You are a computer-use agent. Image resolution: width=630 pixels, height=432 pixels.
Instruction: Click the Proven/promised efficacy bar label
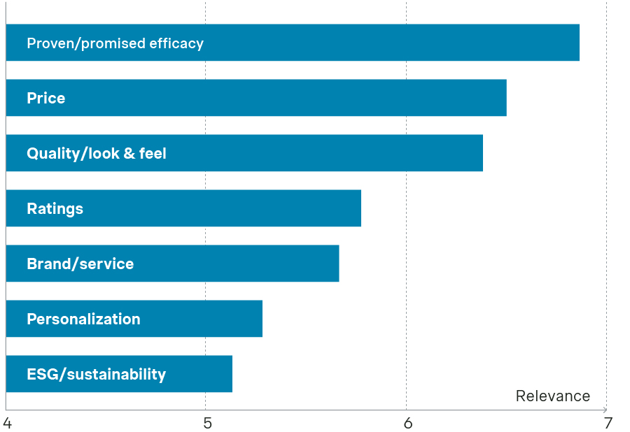pyautogui.click(x=115, y=43)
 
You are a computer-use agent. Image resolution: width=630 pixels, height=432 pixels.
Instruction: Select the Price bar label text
pyautogui.click(x=45, y=99)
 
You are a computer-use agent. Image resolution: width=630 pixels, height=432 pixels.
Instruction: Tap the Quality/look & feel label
pyautogui.click(x=97, y=154)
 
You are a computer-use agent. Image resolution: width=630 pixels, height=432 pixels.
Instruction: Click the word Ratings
pyautogui.click(x=55, y=209)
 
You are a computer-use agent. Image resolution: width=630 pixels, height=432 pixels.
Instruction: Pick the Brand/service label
pyautogui.click(x=80, y=264)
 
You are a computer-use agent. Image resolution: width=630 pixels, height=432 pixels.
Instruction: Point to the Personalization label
pyautogui.click(x=83, y=319)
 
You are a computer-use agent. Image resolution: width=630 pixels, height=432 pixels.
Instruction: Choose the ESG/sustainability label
pyautogui.click(x=96, y=375)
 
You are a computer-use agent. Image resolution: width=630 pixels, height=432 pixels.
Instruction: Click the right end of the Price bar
pyautogui.click(x=505, y=98)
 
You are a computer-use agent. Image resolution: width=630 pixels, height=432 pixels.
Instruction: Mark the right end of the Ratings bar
pyautogui.click(x=360, y=208)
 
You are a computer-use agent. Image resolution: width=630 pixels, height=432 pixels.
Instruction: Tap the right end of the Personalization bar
pyautogui.click(x=261, y=319)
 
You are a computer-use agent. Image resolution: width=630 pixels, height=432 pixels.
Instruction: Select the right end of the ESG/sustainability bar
pyautogui.click(x=231, y=374)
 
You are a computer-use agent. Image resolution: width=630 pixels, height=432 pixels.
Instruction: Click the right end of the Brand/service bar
pyautogui.click(x=338, y=264)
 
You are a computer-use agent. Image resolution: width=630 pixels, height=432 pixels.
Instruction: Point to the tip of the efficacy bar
pyautogui.click(x=578, y=43)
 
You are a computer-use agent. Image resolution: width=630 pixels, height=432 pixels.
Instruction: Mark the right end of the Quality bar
pyautogui.click(x=482, y=153)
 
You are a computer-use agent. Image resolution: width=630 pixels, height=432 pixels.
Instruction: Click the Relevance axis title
pyautogui.click(x=552, y=396)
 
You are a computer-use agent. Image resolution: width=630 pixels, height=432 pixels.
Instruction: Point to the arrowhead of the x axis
pyautogui.click(x=606, y=410)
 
